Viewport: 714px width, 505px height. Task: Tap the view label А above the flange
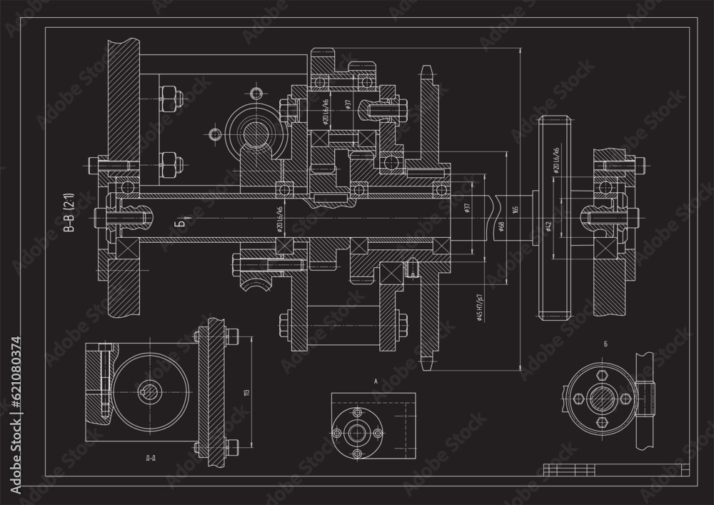(x=376, y=381)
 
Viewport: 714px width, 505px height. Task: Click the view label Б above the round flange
(x=605, y=345)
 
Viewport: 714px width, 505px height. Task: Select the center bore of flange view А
(x=355, y=432)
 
